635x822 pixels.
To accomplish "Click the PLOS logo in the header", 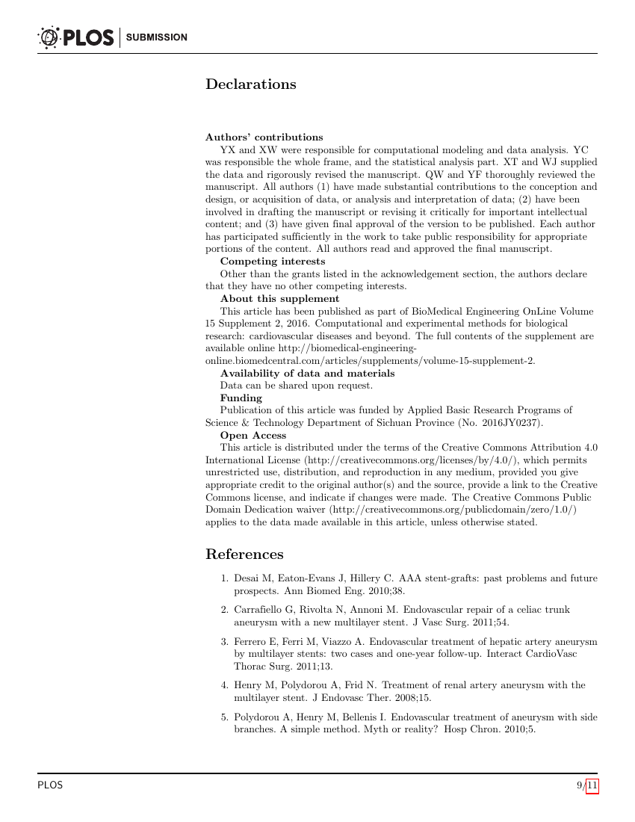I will coord(75,37).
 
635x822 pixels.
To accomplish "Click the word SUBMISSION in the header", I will coord(157,37).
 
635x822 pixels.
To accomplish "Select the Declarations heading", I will coord(250,84).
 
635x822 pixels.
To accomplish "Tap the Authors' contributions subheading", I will coord(264,137).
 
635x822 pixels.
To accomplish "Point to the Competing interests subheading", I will coord(272,262).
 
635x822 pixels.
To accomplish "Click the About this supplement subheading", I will coord(279,299).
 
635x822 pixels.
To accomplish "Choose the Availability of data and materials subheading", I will coord(307,374).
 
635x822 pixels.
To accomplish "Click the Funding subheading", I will coord(241,398).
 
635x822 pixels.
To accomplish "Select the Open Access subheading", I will coord(253,435).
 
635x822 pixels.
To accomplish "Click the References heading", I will coord(244,554).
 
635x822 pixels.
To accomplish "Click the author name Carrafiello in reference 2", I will coord(261,610).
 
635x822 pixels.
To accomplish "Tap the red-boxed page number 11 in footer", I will coord(592,785).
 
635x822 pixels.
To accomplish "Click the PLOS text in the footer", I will coord(50,785).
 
